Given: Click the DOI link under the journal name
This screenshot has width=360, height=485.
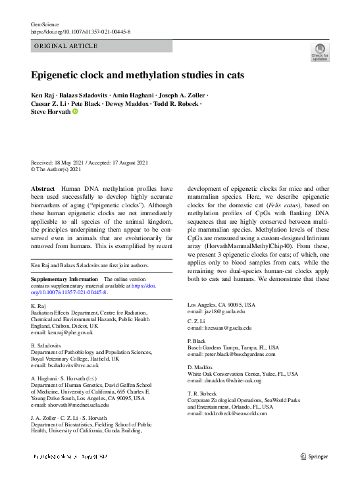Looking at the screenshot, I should point(81,32).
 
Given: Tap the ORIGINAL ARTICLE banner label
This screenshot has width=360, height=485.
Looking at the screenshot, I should point(66,46).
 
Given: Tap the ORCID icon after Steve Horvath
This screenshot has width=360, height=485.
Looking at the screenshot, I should point(76,112).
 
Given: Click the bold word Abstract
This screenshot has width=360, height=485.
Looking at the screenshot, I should point(43,188).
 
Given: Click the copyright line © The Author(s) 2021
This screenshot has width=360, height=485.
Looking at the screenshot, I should point(56,169).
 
